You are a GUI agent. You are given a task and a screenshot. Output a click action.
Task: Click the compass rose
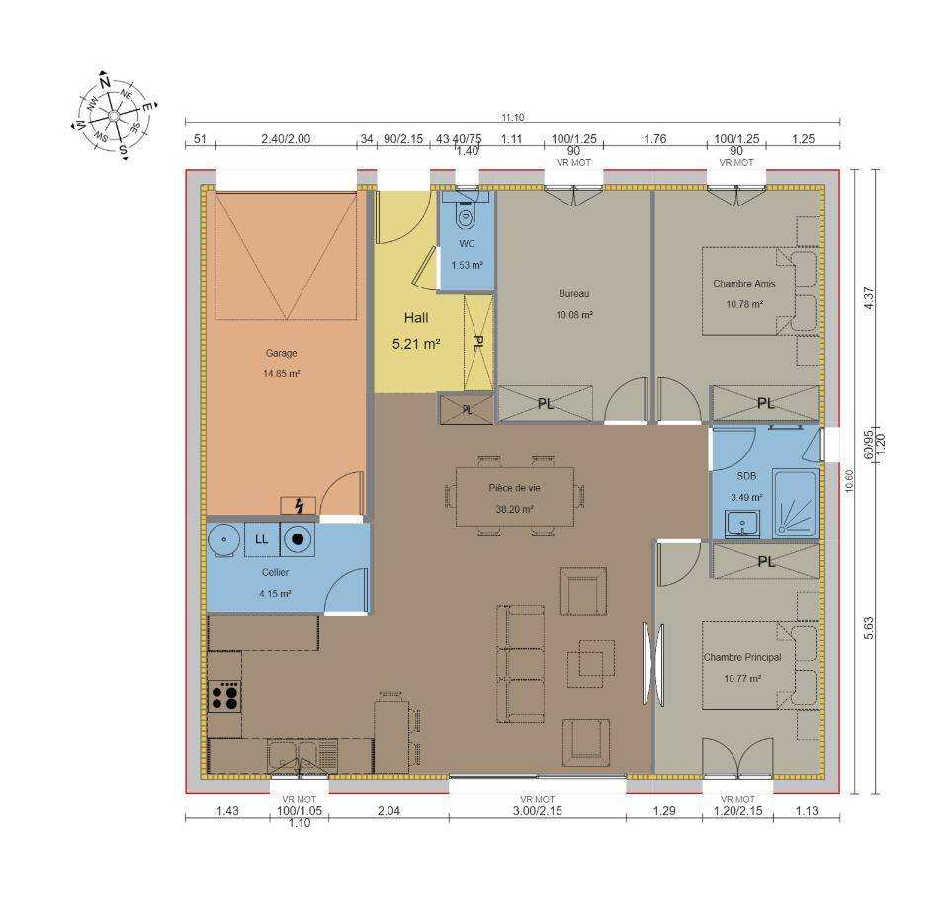[x=114, y=115]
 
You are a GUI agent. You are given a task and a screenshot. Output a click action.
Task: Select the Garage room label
[x=282, y=353]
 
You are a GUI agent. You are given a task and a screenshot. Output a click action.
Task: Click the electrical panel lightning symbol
[x=299, y=505]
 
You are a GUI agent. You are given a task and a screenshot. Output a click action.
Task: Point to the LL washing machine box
[x=261, y=539]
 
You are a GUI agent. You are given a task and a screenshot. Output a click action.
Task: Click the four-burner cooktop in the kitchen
[x=224, y=697]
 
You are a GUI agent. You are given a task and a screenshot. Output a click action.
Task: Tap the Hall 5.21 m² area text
[x=416, y=344]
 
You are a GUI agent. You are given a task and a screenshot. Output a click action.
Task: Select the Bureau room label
[x=573, y=294]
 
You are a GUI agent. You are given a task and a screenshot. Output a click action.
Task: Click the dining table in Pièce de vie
[x=514, y=497]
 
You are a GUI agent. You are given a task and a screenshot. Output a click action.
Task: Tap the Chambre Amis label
[x=743, y=284]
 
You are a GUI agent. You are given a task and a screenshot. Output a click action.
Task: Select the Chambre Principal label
[x=742, y=657]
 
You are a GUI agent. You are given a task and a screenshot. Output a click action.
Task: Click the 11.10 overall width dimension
[x=513, y=118]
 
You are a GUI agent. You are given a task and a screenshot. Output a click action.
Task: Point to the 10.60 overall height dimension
[x=850, y=481]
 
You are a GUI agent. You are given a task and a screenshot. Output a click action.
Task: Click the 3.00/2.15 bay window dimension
[x=538, y=811]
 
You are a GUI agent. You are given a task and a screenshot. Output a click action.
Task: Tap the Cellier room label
[x=276, y=572]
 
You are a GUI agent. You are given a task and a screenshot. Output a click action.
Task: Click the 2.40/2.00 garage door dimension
[x=286, y=139]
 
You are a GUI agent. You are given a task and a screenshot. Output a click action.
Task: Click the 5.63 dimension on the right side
[x=869, y=628]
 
